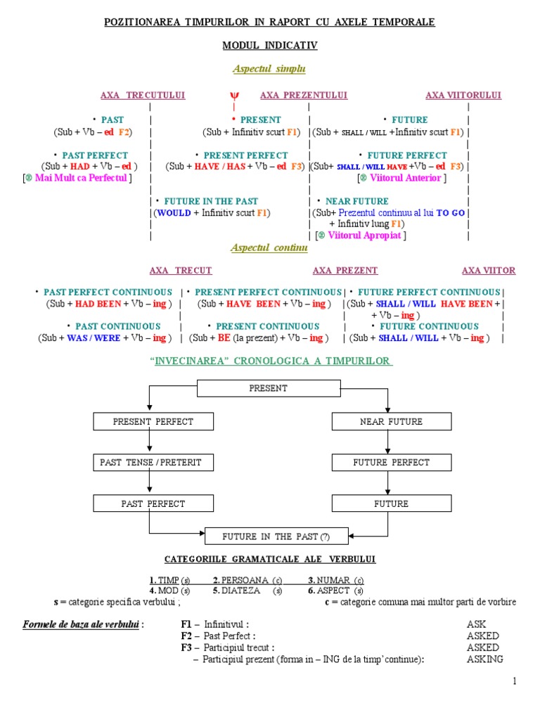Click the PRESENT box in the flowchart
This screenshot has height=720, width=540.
click(268, 388)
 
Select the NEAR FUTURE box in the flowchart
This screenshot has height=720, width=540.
click(391, 422)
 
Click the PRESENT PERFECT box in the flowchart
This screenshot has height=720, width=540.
click(153, 422)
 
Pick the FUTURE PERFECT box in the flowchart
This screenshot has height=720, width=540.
click(391, 463)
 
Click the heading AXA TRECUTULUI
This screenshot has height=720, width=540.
click(143, 95)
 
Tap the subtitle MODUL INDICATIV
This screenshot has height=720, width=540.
click(270, 45)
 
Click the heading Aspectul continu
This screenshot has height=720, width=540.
click(269, 248)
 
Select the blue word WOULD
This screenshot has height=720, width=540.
click(174, 212)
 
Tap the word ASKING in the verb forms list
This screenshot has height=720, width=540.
click(484, 659)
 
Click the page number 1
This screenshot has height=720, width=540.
click(515, 681)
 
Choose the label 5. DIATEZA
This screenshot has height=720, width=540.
click(236, 591)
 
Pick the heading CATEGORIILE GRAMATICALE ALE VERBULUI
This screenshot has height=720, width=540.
click(270, 559)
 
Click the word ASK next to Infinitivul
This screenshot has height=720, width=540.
click(476, 624)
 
